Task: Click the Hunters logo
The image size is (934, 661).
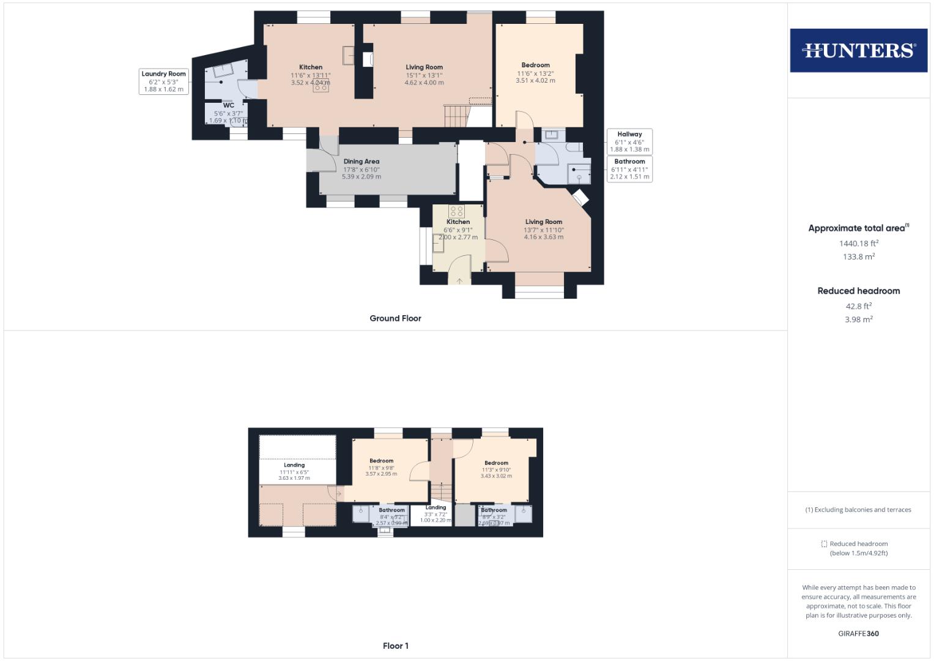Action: [858, 50]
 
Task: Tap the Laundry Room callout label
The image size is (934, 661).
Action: [164, 74]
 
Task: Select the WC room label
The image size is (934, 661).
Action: [229, 105]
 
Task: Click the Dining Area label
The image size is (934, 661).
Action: [361, 162]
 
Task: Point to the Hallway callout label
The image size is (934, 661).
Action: [629, 134]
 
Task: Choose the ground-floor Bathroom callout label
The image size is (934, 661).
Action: [629, 162]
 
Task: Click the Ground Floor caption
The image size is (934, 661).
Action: [395, 318]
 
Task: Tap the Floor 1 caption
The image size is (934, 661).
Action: [395, 646]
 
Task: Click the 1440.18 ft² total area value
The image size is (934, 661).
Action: [859, 243]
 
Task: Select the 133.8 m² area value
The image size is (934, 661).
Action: [859, 257]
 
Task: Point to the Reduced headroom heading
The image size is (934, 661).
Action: [859, 291]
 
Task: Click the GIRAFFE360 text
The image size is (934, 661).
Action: [858, 633]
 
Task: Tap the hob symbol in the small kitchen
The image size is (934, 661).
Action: [457, 211]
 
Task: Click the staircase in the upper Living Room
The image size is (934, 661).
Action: [456, 115]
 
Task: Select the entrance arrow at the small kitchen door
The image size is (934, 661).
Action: [459, 281]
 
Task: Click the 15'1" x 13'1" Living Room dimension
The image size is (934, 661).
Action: [424, 75]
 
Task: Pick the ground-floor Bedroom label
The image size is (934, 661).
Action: [535, 65]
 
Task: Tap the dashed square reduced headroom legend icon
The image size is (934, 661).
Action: [824, 543]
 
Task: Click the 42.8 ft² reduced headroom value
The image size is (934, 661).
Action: [859, 306]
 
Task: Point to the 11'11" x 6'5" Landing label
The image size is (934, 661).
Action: [294, 472]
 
